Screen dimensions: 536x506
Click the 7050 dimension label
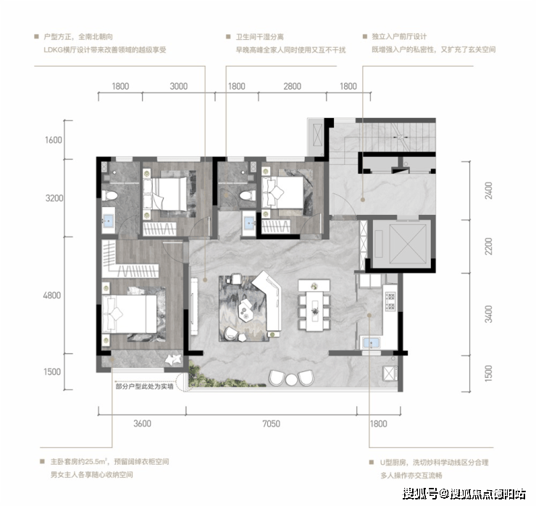[x=272, y=423]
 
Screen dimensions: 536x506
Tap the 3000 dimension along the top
[x=179, y=86]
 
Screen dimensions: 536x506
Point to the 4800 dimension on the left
[x=52, y=295]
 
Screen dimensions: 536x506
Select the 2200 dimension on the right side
[x=489, y=246]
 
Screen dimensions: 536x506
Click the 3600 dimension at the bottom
[x=142, y=423]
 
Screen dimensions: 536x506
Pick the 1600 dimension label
[x=54, y=140]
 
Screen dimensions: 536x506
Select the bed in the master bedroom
[x=130, y=313]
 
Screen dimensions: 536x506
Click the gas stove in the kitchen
[x=390, y=301]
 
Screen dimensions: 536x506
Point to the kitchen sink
[x=371, y=342]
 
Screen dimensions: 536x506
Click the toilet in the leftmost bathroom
[x=109, y=195]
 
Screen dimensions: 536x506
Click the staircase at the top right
[x=398, y=137]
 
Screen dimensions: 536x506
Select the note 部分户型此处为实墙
[x=144, y=387]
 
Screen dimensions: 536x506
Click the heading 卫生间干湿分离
[x=259, y=37]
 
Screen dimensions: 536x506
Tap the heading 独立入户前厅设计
[x=399, y=37]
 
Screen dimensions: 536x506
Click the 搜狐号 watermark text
[x=420, y=494]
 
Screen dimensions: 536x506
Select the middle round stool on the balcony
[x=291, y=379]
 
